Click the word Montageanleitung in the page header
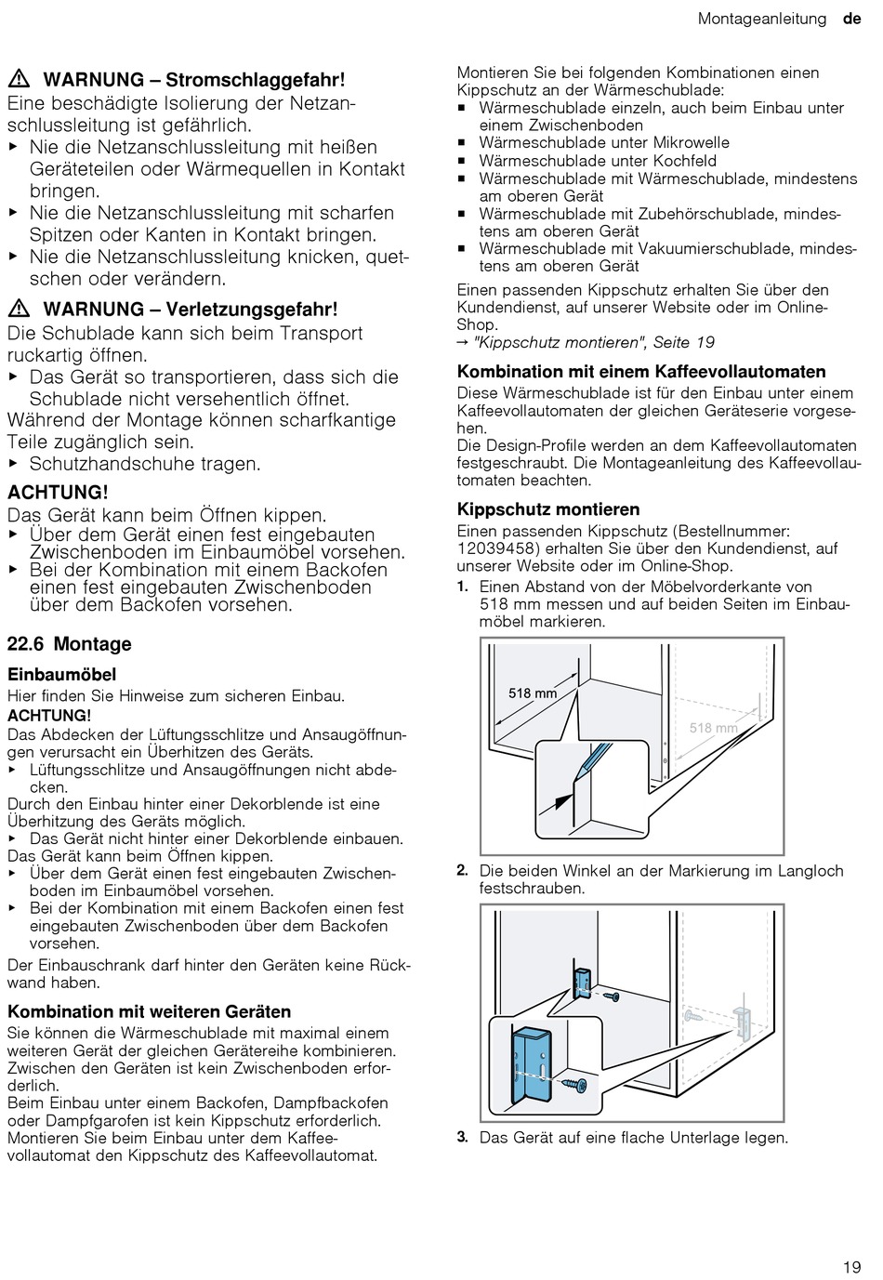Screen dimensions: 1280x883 (x=761, y=19)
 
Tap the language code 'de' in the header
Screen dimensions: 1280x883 (x=851, y=19)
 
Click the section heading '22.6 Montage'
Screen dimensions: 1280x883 (x=69, y=644)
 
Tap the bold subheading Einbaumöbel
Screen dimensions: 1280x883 (x=61, y=674)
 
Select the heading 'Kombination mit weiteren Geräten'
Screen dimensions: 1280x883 (x=149, y=1011)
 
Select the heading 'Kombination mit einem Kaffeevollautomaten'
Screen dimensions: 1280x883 (x=641, y=372)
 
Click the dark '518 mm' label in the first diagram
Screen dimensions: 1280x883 (x=533, y=693)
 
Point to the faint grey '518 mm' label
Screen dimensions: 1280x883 (x=713, y=728)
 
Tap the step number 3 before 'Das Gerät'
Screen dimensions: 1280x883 (x=462, y=1137)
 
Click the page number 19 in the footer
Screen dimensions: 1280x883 (x=852, y=1266)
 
